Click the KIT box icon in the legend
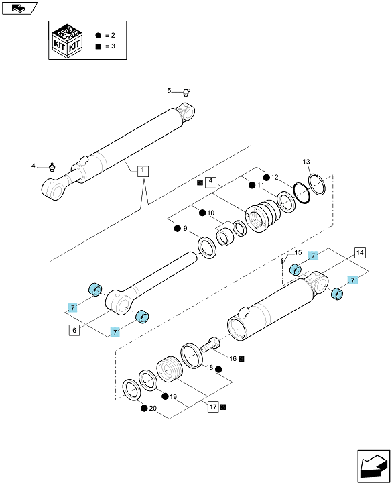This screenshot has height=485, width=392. pyautogui.click(x=67, y=40)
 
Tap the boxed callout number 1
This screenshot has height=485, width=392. pyautogui.click(x=143, y=171)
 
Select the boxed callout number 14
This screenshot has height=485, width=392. pyautogui.click(x=360, y=253)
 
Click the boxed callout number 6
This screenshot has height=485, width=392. pyautogui.click(x=74, y=330)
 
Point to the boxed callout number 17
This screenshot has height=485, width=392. pyautogui.click(x=214, y=407)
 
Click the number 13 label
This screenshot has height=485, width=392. pyautogui.click(x=306, y=162)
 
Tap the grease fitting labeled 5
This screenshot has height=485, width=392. pyautogui.click(x=186, y=93)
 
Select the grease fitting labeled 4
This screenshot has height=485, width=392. pyautogui.click(x=52, y=167)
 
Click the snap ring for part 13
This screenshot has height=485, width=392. pyautogui.click(x=317, y=184)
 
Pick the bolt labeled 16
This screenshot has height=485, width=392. pyautogui.click(x=210, y=344)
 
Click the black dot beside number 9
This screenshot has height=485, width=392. pyautogui.click(x=177, y=229)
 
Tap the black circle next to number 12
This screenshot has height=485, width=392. pyautogui.click(x=267, y=177)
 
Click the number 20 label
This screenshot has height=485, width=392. pyautogui.click(x=153, y=409)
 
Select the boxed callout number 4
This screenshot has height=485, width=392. pyautogui.click(x=210, y=180)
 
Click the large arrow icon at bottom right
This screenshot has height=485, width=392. pyautogui.click(x=373, y=465)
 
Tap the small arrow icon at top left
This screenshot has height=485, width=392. pyautogui.click(x=19, y=8)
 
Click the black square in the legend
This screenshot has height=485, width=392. pyautogui.click(x=99, y=46)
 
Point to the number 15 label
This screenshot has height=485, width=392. pyautogui.click(x=298, y=252)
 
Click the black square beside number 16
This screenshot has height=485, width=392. pyautogui.click(x=241, y=359)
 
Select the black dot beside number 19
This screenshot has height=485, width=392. pyautogui.click(x=166, y=396)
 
